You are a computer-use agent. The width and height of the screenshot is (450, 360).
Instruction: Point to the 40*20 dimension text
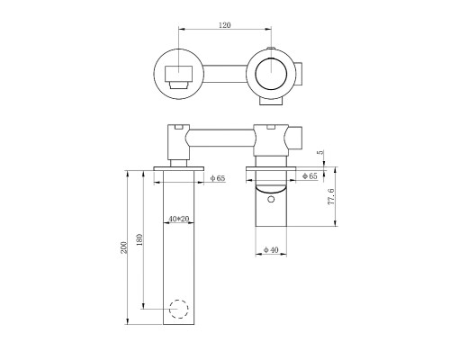[180, 219]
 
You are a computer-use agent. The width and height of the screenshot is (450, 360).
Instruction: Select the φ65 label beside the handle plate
[309, 175]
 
